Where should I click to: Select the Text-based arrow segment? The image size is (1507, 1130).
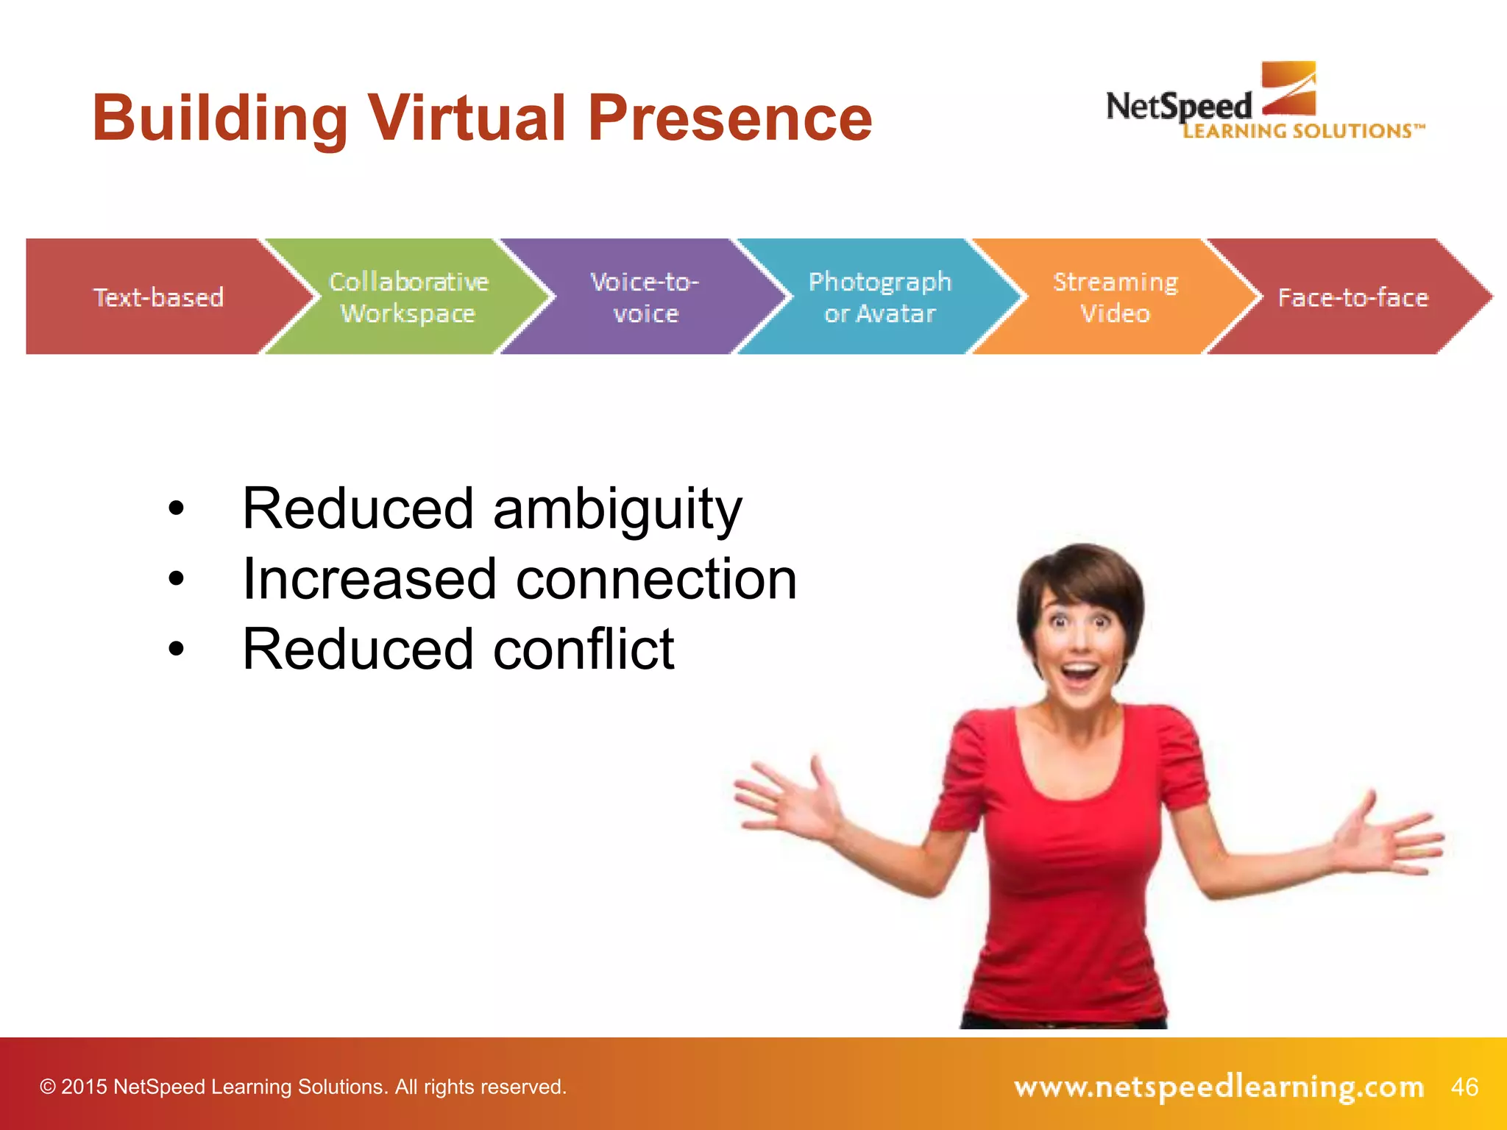click(x=158, y=297)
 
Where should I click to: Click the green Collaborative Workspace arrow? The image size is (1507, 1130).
click(x=408, y=297)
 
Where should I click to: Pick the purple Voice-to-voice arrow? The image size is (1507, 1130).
click(x=645, y=297)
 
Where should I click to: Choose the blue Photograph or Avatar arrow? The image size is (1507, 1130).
click(x=879, y=297)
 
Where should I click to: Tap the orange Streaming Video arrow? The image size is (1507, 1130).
click(x=1115, y=297)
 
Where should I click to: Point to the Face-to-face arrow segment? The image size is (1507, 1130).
click(x=1352, y=297)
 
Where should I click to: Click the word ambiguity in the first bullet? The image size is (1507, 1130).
click(x=617, y=509)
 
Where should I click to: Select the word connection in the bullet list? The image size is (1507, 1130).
click(x=656, y=579)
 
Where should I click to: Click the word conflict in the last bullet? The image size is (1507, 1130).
click(x=584, y=649)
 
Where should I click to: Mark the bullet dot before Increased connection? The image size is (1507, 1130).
click(x=176, y=579)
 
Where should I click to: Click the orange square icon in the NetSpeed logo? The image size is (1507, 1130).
click(x=1288, y=88)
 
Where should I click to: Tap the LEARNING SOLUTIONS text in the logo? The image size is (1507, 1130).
click(x=1302, y=131)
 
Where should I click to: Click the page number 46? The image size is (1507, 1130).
click(x=1464, y=1087)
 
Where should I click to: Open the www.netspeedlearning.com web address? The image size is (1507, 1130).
click(x=1219, y=1087)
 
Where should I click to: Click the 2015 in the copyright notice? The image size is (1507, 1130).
click(x=84, y=1087)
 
